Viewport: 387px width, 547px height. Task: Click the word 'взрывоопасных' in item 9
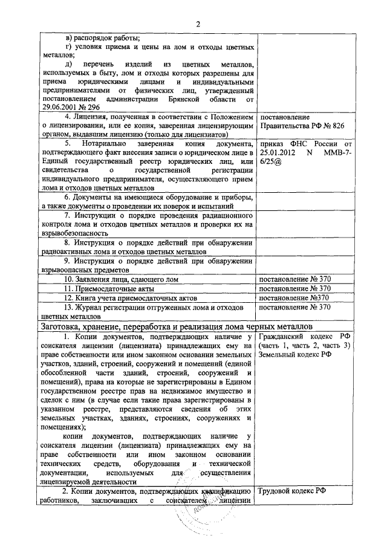(63, 270)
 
